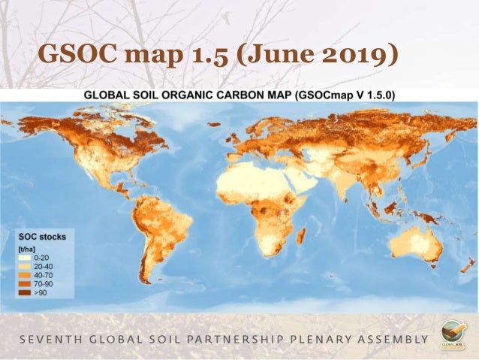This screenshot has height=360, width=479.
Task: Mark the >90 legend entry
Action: click(35, 293)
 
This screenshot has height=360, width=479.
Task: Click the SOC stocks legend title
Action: click(42, 237)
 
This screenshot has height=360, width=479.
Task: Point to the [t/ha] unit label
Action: click(31, 248)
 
